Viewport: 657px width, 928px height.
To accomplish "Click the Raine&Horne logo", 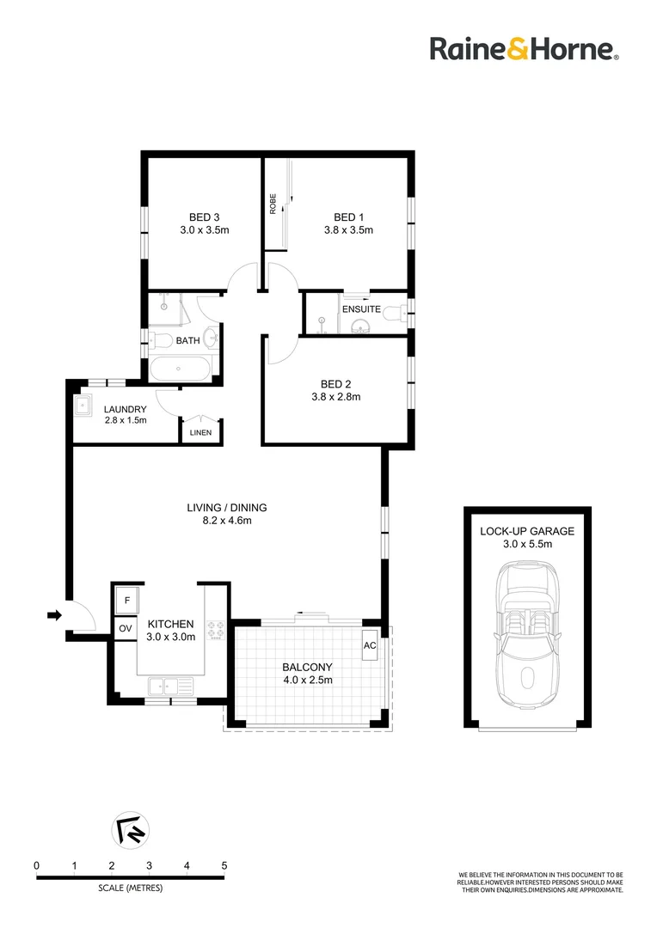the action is [525, 48].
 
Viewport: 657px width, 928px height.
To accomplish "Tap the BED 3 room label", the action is [205, 217].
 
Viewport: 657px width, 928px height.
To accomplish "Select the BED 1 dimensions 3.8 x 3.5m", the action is [348, 230].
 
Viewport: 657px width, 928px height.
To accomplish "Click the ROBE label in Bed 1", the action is [273, 204].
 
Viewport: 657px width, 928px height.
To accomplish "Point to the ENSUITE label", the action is [361, 309].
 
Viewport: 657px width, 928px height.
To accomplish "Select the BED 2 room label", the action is [336, 384].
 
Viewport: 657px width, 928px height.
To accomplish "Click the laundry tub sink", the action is [83, 406].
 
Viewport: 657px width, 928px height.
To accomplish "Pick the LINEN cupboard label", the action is [201, 432].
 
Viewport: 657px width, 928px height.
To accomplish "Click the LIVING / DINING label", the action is [227, 508].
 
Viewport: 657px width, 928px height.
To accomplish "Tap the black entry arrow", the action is [54, 615].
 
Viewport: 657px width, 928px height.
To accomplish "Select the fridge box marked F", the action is [126, 601].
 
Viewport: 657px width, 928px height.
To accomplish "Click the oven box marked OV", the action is [126, 628].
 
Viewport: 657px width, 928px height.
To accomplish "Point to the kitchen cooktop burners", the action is [215, 631].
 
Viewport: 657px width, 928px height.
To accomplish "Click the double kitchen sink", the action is [170, 686].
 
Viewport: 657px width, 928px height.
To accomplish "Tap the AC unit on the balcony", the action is [370, 645].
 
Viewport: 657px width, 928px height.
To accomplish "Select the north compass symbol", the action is [131, 830].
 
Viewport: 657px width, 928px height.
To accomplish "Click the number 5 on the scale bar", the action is [224, 866].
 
